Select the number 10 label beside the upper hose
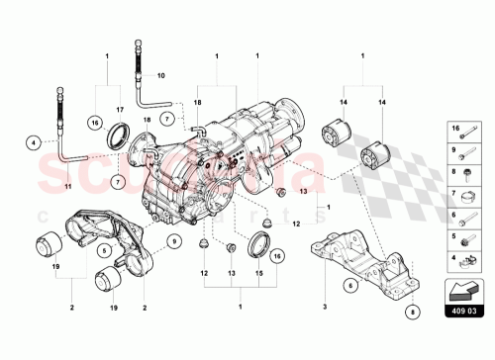(x=160, y=75)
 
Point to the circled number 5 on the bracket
(x=104, y=251)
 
